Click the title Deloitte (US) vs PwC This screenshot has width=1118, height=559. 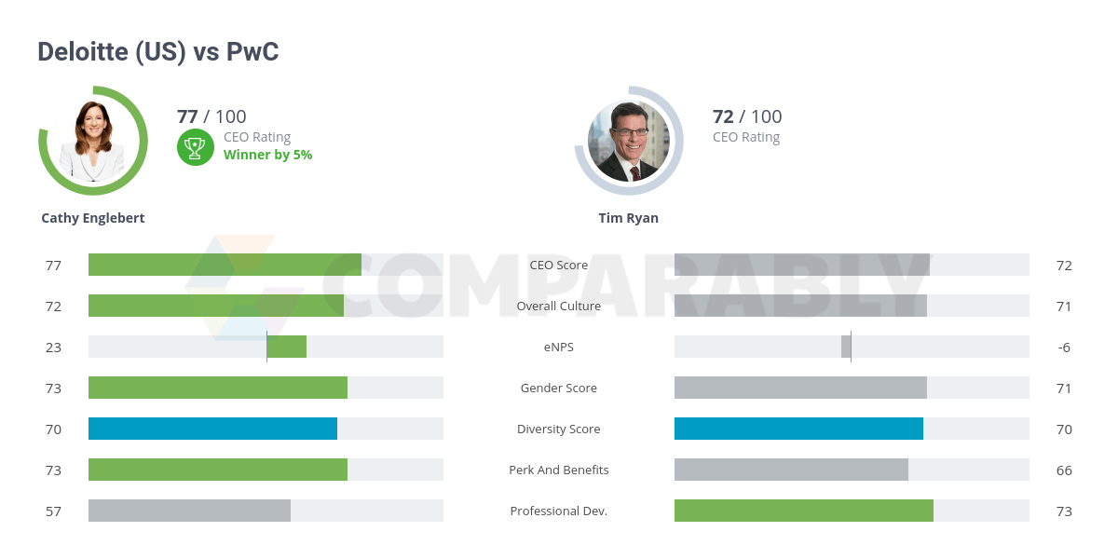(x=157, y=52)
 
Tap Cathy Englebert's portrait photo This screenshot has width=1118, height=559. (x=93, y=141)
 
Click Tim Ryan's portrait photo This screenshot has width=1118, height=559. (x=629, y=141)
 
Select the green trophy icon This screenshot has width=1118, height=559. (x=195, y=146)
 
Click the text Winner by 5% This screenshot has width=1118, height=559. (x=267, y=155)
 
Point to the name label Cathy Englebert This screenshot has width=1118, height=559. (x=93, y=218)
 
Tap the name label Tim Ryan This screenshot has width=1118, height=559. (x=628, y=218)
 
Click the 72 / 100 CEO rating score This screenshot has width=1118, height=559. (x=746, y=116)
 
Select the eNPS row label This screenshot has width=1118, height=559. (x=558, y=347)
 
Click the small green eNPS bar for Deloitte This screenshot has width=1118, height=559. (x=287, y=347)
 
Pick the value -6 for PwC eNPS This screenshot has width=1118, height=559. (x=1064, y=348)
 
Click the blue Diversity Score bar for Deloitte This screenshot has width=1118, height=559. (x=212, y=429)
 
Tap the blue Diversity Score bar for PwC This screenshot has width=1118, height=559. (x=798, y=429)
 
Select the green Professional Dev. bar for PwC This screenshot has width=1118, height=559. (x=803, y=511)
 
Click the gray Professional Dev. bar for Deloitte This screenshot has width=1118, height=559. (x=189, y=511)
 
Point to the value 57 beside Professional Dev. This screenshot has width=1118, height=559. (x=53, y=511)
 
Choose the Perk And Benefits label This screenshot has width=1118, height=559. (x=558, y=470)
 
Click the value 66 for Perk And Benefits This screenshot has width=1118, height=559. (x=1064, y=470)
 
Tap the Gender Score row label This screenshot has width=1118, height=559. (x=558, y=388)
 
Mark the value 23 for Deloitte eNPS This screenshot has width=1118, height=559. (x=53, y=348)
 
